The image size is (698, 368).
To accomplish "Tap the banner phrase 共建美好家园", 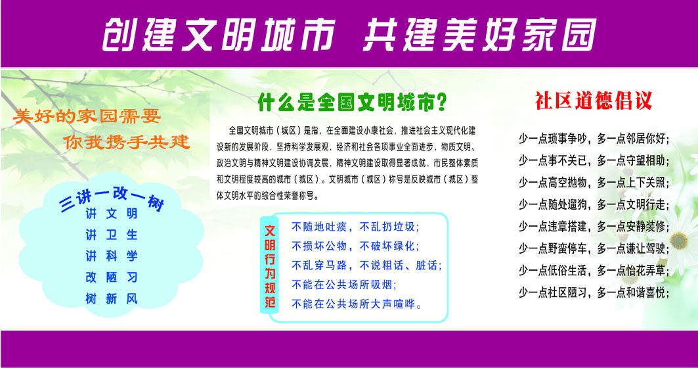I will click(x=479, y=34).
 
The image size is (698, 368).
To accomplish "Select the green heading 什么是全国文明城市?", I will click(x=353, y=103).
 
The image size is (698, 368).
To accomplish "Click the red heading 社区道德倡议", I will click(x=593, y=101).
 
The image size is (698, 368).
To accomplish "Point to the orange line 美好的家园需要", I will click(x=87, y=117).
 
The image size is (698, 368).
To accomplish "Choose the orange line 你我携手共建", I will click(x=127, y=141).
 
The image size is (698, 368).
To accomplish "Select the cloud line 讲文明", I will click(x=112, y=214).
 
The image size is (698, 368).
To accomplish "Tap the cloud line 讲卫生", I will click(x=112, y=235).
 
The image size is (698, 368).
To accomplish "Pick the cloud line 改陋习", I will click(x=112, y=277).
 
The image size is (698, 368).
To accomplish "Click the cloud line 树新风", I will click(x=112, y=299).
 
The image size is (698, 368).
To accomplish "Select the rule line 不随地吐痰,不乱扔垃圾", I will click(x=355, y=227).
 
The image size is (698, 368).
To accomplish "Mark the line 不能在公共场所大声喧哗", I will click(x=357, y=304).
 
